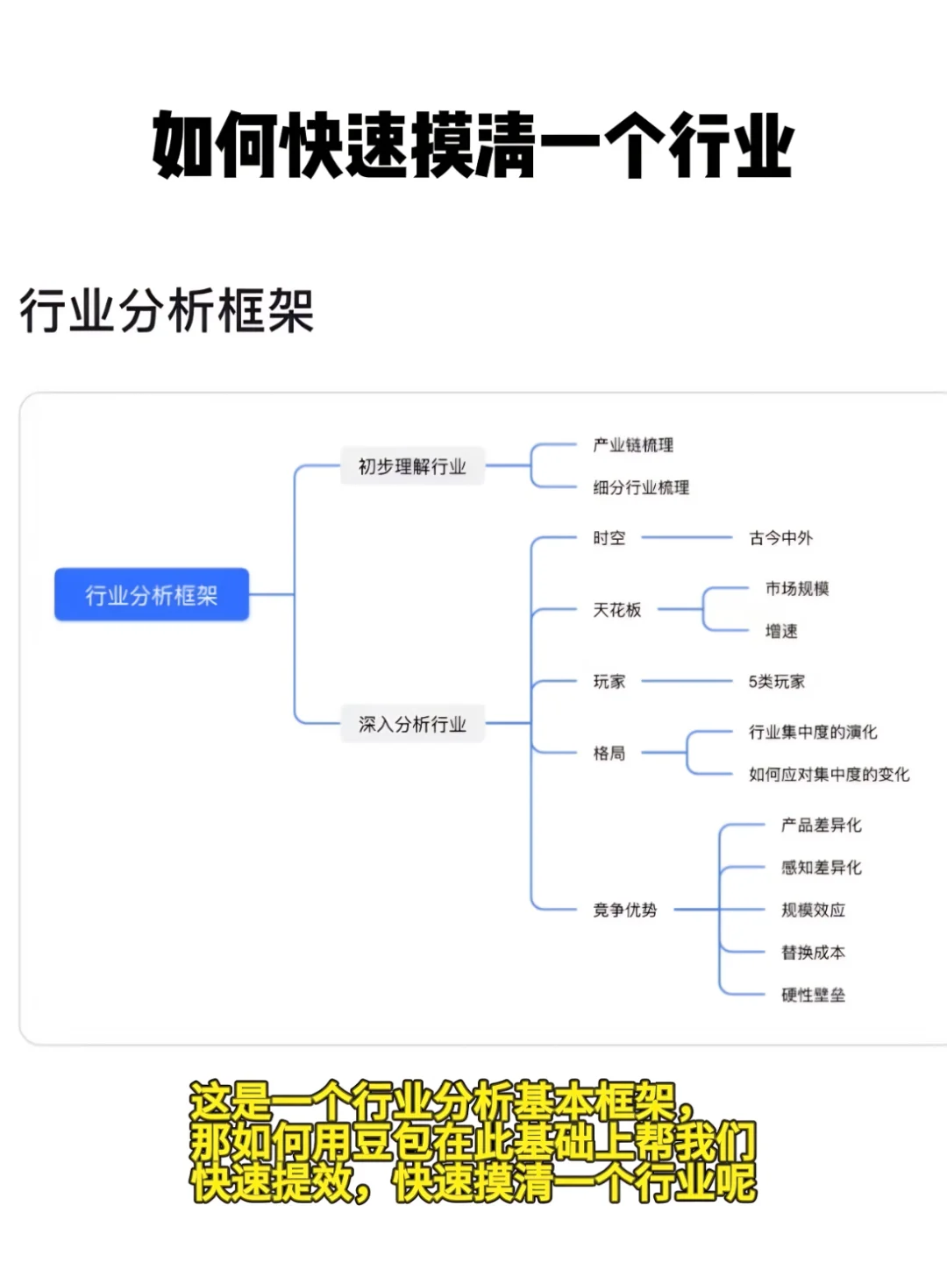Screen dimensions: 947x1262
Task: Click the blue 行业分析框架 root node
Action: [152, 595]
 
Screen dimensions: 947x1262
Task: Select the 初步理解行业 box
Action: [412, 466]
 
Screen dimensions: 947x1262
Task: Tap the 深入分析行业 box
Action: [412, 724]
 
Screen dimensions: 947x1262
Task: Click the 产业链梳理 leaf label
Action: [633, 445]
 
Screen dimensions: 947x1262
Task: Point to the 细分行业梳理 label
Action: [641, 487]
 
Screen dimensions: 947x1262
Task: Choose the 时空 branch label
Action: [609, 538]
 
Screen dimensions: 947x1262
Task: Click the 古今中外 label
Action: [780, 538]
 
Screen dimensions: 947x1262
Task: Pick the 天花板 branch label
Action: [616, 610]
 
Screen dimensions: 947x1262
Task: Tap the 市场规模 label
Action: [796, 589]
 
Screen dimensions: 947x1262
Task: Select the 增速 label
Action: [780, 631]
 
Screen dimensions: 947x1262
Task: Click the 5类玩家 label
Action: [776, 682]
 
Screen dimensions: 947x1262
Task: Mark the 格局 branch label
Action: [609, 753]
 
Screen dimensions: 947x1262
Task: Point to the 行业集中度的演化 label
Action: [812, 732]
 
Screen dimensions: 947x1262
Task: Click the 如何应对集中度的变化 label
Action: [829, 774]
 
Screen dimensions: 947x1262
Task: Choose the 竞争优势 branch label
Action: [624, 910]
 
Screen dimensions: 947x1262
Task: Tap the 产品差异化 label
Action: [821, 825]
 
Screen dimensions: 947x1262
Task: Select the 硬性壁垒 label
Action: [813, 995]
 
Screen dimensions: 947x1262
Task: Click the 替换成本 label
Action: [813, 953]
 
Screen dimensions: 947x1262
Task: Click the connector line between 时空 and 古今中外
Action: [686, 537]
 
